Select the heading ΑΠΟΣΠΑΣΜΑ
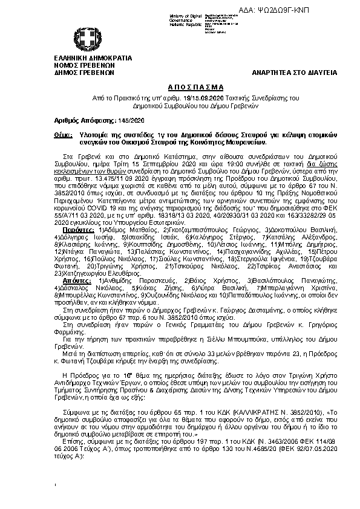pos(180,88)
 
